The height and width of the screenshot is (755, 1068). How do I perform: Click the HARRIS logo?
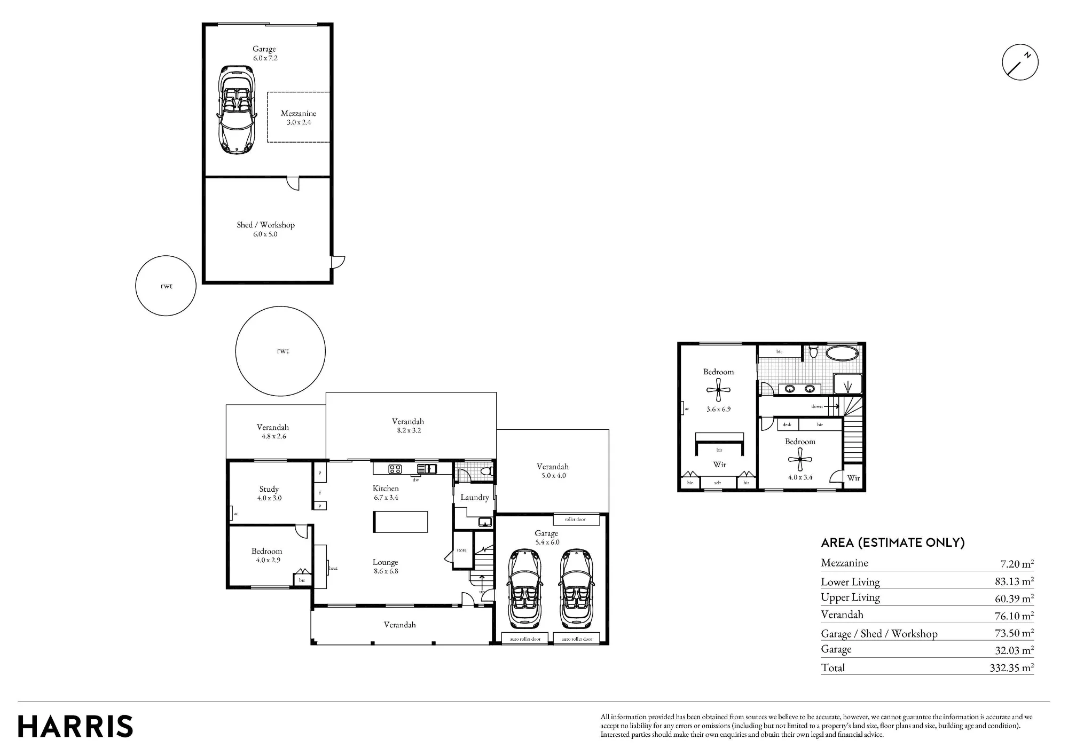[75, 727]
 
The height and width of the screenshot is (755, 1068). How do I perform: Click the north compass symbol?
[1020, 62]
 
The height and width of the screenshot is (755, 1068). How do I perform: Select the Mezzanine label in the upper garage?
[299, 113]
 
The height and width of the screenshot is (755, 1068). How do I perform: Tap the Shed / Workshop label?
[265, 225]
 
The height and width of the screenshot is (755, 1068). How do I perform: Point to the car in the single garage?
[237, 110]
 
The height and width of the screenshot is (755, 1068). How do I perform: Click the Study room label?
[269, 489]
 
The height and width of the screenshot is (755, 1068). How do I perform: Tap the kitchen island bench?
[400, 522]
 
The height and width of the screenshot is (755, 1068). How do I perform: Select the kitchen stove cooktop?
[395, 469]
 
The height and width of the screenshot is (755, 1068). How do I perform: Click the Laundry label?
[475, 497]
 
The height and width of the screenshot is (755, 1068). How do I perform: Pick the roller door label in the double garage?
[575, 519]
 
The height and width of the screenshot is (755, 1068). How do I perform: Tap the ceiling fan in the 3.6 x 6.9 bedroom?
[719, 390]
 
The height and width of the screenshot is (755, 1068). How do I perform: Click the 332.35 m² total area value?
[1011, 667]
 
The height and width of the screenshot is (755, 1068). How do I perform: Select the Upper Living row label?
[850, 597]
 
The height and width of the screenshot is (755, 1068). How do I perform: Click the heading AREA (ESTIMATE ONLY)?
[893, 542]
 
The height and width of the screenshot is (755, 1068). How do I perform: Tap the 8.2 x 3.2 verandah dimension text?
[409, 430]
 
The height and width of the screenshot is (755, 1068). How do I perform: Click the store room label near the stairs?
[461, 550]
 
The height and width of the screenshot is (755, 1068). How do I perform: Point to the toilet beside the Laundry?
[485, 471]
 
